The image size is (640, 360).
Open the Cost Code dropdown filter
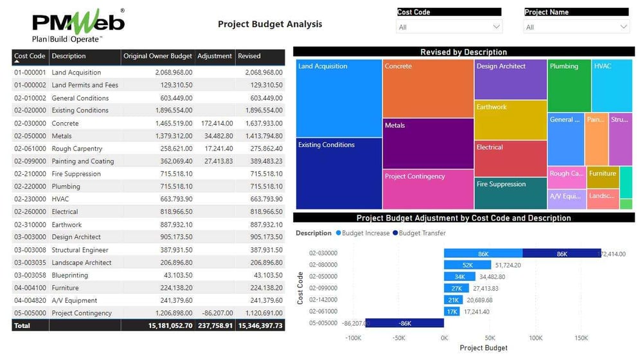point(449,27)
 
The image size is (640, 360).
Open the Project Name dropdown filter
point(576,27)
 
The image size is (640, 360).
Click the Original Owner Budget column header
point(157,56)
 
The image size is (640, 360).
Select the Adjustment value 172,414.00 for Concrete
point(216,123)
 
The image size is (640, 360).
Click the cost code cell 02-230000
point(30,199)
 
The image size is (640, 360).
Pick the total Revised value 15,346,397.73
point(260,326)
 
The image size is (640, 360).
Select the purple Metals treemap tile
point(428,143)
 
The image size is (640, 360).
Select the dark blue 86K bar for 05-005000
point(405,323)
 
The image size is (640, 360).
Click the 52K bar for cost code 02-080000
point(467,265)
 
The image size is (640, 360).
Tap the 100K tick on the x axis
point(535,337)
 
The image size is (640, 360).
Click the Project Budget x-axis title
point(483,348)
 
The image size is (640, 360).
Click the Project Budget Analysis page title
point(270,24)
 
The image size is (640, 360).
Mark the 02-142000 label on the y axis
point(323,300)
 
